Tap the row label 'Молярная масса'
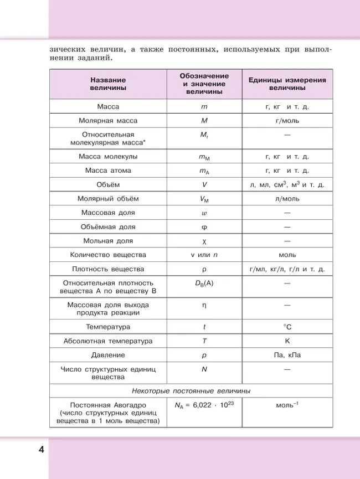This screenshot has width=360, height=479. (108, 120)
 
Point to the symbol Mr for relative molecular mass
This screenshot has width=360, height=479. (204, 135)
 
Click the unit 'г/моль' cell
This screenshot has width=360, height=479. (287, 120)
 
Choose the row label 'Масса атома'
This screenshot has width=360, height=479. (108, 171)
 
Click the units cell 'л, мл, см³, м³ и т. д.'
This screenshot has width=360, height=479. (287, 184)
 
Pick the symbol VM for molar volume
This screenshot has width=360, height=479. (204, 199)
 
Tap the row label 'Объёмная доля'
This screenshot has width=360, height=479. (108, 226)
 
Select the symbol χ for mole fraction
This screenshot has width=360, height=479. (204, 241)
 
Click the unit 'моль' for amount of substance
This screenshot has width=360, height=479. (287, 255)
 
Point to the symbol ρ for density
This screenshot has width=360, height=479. (204, 269)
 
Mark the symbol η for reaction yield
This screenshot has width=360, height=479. (204, 305)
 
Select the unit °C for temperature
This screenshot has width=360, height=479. (287, 327)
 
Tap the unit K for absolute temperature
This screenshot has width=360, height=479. (287, 341)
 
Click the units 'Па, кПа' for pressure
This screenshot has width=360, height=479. (287, 355)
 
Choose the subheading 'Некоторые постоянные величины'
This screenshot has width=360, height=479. (191, 390)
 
